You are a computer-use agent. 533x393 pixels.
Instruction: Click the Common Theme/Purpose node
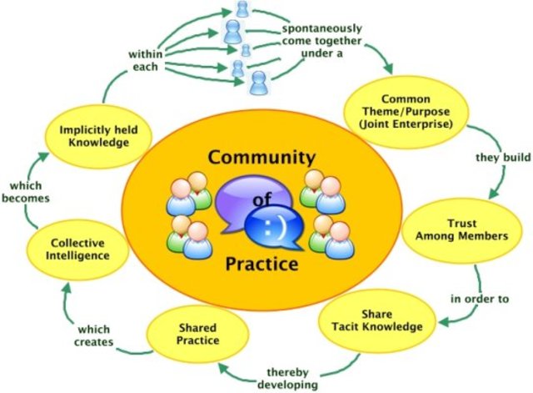[x=406, y=110]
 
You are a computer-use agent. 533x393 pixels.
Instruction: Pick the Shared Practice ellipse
[x=198, y=334]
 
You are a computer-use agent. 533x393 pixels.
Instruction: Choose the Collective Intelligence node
[x=78, y=249]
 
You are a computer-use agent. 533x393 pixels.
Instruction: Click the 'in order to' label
[x=480, y=298]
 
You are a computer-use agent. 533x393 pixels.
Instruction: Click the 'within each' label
[x=144, y=60]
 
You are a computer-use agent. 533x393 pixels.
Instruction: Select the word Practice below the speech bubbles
[x=261, y=266]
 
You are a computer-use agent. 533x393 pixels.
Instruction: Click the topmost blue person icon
[x=242, y=9]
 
